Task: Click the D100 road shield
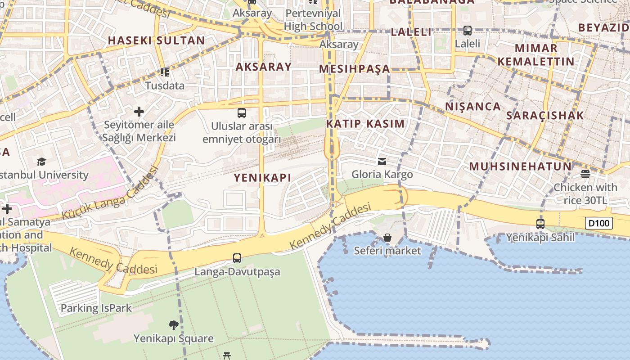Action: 599,223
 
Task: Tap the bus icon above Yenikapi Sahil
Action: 540,224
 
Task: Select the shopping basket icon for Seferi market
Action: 387,237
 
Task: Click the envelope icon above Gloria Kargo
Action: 382,161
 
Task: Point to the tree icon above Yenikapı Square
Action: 173,325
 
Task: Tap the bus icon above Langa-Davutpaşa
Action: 237,258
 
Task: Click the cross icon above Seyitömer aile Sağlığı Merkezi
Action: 139,111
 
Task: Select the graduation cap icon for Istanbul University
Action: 42,162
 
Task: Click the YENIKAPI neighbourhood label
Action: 262,178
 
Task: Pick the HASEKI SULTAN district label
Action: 156,40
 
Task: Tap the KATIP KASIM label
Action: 365,124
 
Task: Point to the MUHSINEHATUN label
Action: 520,166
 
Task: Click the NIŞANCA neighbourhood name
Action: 473,107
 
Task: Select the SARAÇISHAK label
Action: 545,115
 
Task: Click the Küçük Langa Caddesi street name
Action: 110,193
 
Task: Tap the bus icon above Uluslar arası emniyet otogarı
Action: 242,112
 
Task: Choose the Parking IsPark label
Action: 96,308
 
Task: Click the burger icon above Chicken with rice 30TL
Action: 585,174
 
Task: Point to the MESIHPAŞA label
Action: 355,69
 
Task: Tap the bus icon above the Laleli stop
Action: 468,31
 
